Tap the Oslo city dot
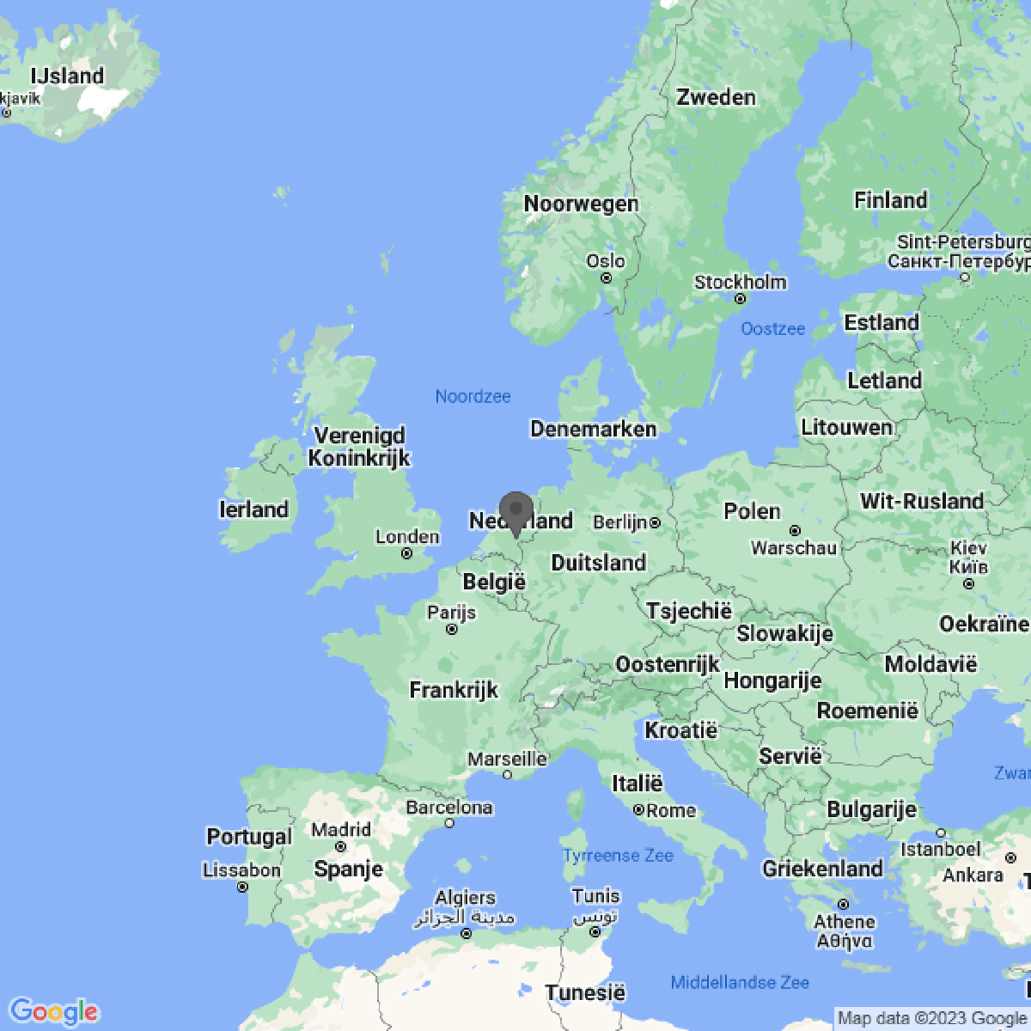[x=607, y=278]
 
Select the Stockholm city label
[x=740, y=282]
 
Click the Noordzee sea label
[x=473, y=396]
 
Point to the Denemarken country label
[x=593, y=429]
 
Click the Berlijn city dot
[x=655, y=522]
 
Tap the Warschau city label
[x=793, y=548]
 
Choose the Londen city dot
[x=406, y=554]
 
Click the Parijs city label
[x=451, y=612]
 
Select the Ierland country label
[x=253, y=509]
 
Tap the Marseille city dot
[x=507, y=775]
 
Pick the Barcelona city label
[x=449, y=807]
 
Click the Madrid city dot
[x=341, y=847]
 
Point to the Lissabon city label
[x=241, y=869]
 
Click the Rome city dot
[x=638, y=810]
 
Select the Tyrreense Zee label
[x=618, y=856]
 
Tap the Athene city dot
[x=844, y=904]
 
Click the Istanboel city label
[x=940, y=849]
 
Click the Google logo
[x=54, y=1011]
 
